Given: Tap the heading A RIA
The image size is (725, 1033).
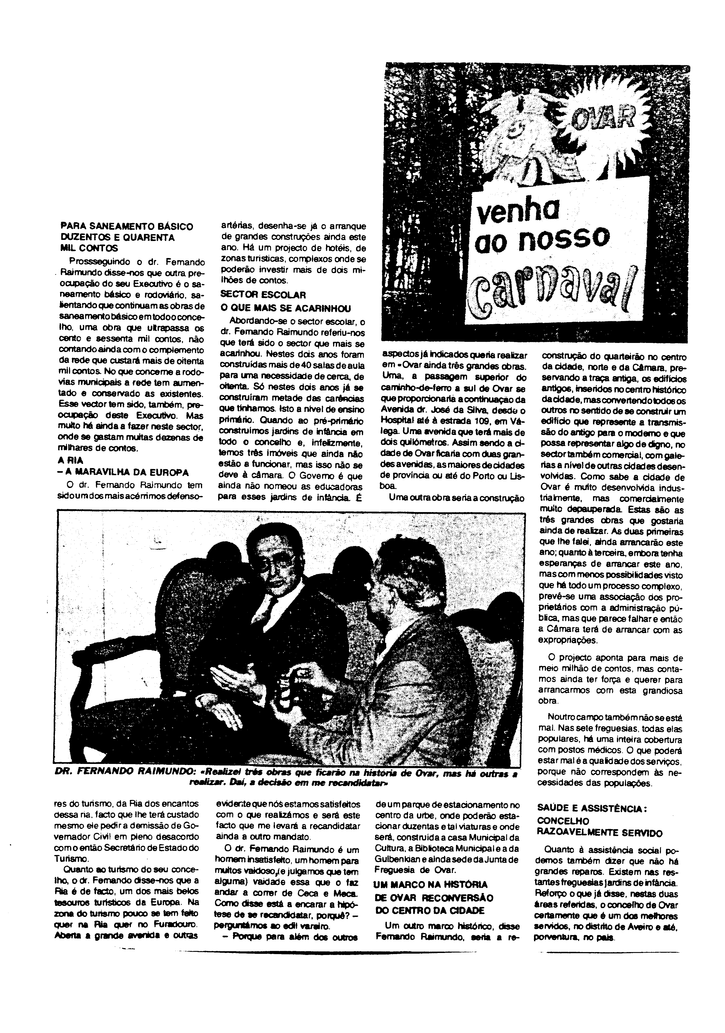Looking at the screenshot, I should [71, 461].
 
